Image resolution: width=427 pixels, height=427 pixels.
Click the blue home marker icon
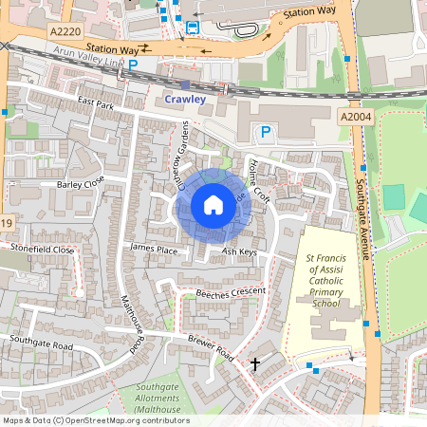pyautogui.click(x=213, y=205)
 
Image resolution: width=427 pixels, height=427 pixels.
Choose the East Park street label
pyautogui.click(x=96, y=105)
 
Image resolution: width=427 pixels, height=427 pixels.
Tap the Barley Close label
pyautogui.click(x=81, y=184)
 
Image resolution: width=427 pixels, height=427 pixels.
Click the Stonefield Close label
pyautogui.click(x=42, y=250)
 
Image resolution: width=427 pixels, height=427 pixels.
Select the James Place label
pyautogui.click(x=154, y=249)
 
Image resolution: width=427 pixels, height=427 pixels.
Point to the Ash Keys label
pyautogui.click(x=239, y=252)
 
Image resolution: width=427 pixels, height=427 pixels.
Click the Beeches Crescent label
pyautogui.click(x=233, y=294)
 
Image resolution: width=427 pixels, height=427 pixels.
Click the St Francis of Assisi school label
pyautogui.click(x=324, y=280)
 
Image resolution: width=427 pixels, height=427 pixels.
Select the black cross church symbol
pyautogui.click(x=254, y=363)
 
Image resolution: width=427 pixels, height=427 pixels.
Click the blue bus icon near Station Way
pyautogui.click(x=193, y=28)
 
